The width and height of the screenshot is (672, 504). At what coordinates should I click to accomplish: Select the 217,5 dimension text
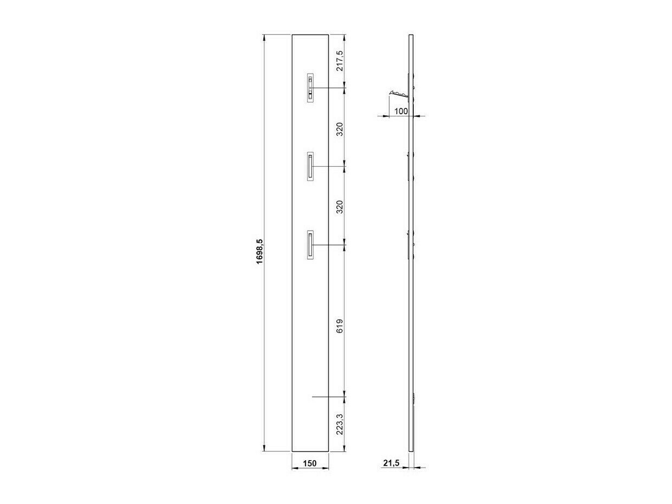click(x=340, y=60)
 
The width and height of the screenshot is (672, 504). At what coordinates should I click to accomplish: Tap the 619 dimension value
click(x=340, y=326)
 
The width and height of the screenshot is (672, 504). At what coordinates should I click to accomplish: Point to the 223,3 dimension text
click(x=340, y=424)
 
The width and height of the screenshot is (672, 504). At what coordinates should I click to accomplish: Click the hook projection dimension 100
click(x=401, y=112)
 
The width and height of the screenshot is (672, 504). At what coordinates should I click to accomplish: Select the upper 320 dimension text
click(x=340, y=129)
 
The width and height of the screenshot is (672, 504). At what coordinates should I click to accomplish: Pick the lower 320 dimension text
click(x=340, y=207)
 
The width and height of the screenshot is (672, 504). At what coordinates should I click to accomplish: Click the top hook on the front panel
click(x=310, y=88)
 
